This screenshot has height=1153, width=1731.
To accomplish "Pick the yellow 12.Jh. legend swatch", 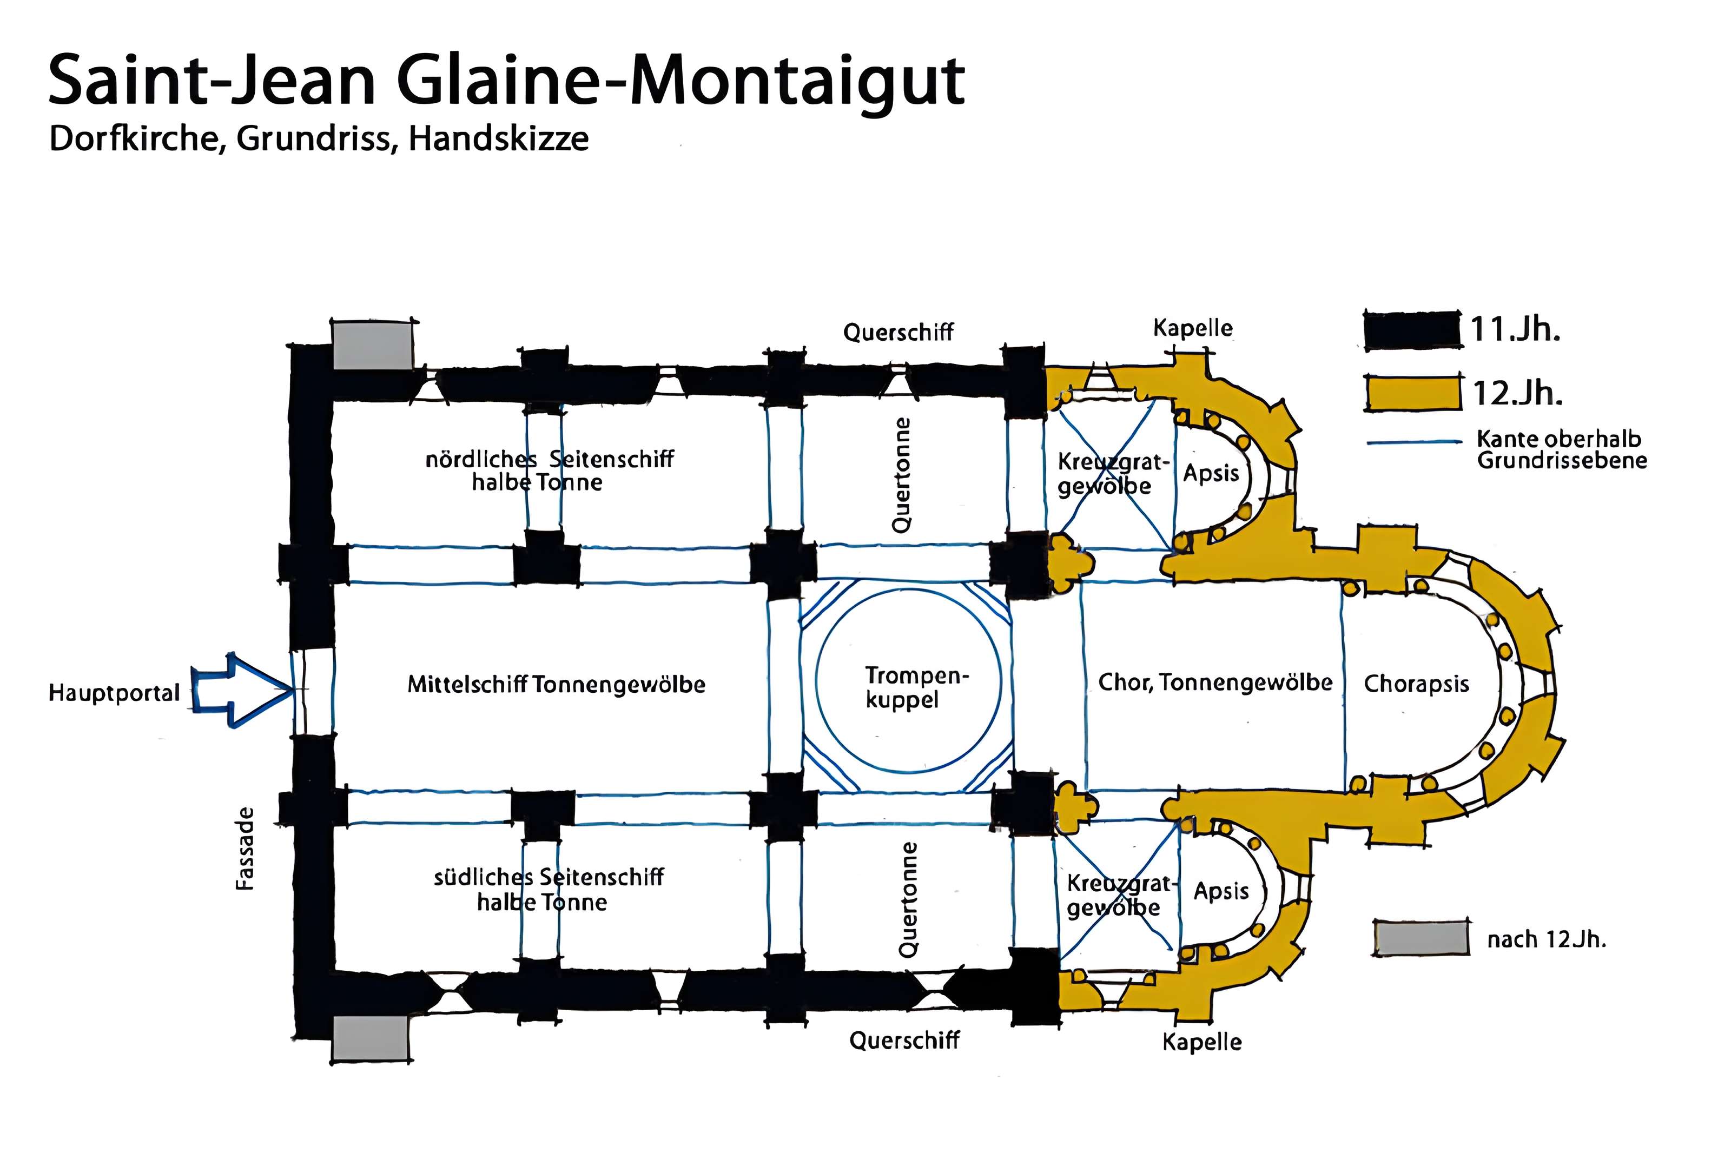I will [x=1412, y=393].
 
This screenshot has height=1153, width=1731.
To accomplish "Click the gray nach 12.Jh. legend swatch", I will [x=1420, y=939].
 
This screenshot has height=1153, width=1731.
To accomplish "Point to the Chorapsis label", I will [x=1416, y=684].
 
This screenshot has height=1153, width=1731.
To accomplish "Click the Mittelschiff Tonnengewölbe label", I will [x=556, y=685].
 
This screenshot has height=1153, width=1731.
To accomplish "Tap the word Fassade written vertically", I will [x=245, y=849].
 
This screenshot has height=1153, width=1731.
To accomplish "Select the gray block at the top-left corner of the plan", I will [x=372, y=346].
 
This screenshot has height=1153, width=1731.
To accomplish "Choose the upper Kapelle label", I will [x=1192, y=327].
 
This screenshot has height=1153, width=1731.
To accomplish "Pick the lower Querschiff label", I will [x=904, y=1040].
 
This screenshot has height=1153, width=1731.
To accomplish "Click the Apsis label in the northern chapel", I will [x=1211, y=473].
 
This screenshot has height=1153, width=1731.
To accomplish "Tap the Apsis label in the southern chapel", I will [x=1221, y=891].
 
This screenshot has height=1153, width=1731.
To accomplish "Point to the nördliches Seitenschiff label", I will [x=549, y=471].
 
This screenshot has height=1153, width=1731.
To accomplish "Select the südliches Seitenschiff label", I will [x=549, y=889].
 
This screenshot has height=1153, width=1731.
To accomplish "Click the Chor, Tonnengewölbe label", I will [x=1215, y=682].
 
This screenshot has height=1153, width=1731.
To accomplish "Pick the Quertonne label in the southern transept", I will [x=908, y=899].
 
